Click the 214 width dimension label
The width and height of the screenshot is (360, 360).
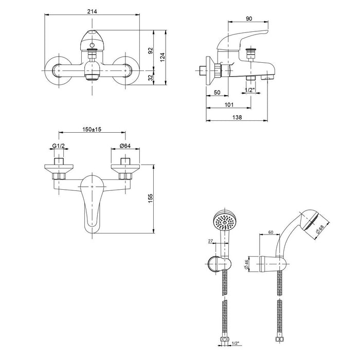92,11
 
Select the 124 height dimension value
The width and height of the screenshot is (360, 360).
163,58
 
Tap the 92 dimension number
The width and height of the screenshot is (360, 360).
150,51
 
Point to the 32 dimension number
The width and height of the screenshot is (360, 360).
150,78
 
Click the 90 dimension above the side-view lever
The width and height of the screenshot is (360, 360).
249,19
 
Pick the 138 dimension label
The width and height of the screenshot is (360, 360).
237,117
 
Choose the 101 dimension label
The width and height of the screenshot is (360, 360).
229,105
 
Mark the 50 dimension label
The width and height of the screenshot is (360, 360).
217,93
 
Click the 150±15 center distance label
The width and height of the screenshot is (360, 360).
92,129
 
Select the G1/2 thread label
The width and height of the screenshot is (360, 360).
59,146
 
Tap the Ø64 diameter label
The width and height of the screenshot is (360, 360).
125,146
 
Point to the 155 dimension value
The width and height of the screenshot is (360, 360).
150,199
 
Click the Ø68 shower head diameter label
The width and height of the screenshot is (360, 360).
319,229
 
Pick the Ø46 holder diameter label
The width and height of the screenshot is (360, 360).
246,264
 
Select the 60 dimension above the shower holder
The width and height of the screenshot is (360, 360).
271,232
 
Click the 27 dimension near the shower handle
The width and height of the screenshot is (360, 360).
210,241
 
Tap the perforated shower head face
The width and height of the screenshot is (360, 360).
225,222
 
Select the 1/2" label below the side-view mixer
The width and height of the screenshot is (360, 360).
249,90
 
